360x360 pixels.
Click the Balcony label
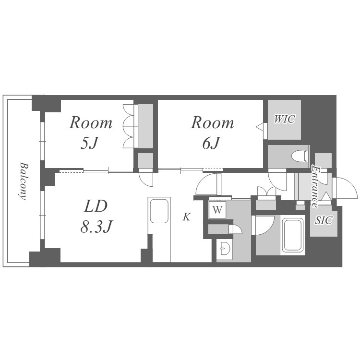click(x=23, y=181)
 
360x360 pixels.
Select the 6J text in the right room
click(x=211, y=143)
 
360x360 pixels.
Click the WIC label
click(x=285, y=119)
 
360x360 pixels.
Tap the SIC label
click(x=323, y=220)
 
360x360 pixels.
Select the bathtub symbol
click(x=292, y=235)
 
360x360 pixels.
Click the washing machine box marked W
click(x=217, y=210)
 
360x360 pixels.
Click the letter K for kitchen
click(x=186, y=217)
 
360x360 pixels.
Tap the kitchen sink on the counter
click(x=159, y=211)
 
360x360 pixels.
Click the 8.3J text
click(x=96, y=227)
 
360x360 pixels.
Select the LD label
click(x=96, y=206)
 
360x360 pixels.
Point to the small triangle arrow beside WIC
click(x=260, y=126)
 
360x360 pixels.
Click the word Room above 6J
click(x=212, y=122)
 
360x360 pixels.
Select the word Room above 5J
click(x=91, y=122)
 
